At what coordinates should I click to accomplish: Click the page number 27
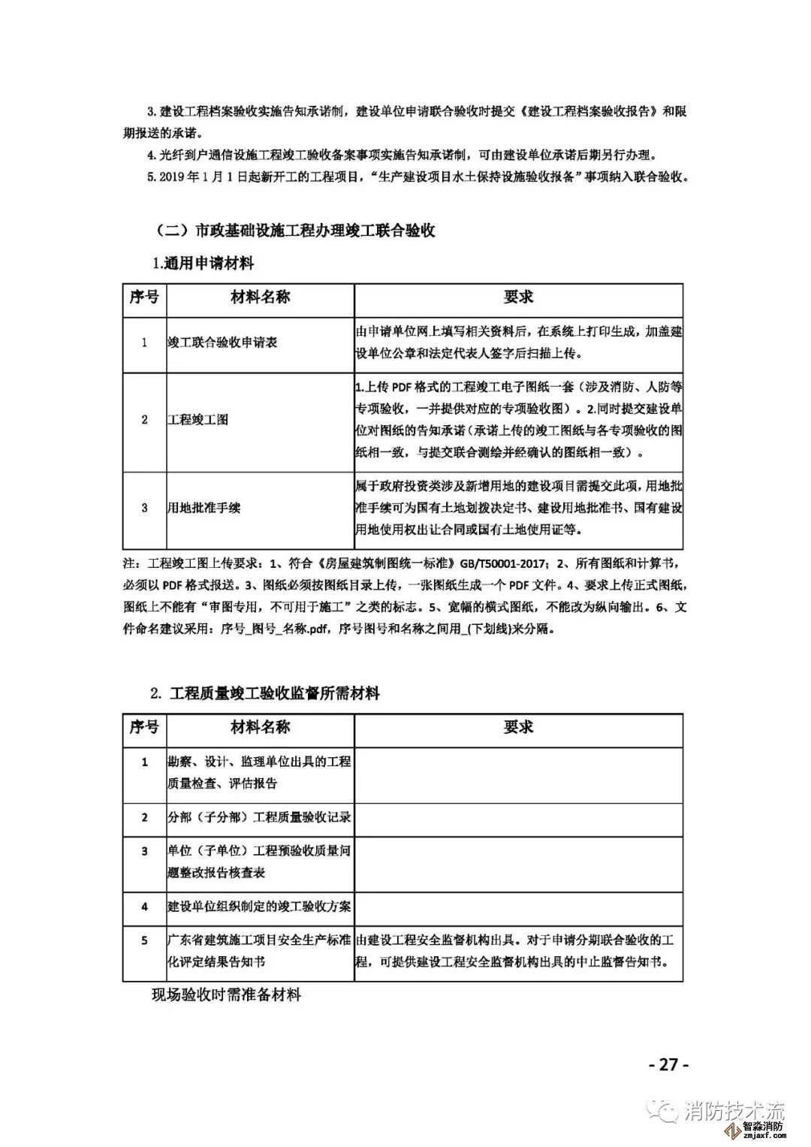(668, 1064)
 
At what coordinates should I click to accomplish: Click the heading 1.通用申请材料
(203, 264)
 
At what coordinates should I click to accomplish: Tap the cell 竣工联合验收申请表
(222, 343)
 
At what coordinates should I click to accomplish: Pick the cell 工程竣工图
(197, 419)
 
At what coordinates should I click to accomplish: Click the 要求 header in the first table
(518, 297)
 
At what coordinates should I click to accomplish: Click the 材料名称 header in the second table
(260, 727)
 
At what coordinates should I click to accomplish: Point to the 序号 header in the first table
(144, 297)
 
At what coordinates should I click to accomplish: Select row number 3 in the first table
(144, 508)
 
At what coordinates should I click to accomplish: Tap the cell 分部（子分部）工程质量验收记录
(259, 817)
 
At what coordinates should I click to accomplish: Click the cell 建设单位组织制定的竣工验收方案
(259, 907)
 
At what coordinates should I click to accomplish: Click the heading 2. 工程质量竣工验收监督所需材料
(264, 693)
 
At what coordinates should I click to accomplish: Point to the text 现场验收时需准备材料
(226, 995)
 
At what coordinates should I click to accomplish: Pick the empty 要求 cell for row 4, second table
(518, 907)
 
